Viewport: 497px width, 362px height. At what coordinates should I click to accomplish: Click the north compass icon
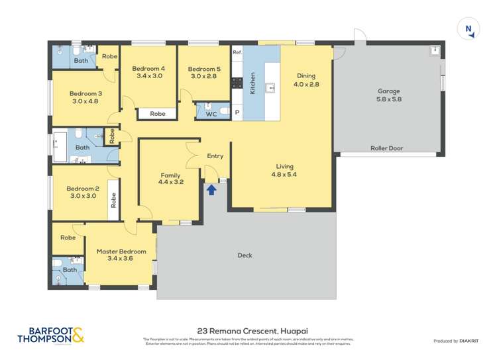469,28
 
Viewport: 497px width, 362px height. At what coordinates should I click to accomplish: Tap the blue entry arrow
211,190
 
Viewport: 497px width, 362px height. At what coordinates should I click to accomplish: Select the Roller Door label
386,148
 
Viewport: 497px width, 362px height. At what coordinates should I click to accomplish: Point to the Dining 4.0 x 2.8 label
305,80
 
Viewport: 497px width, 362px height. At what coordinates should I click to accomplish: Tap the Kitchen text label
252,83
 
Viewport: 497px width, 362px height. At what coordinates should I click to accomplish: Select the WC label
211,114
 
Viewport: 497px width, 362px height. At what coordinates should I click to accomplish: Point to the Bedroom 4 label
148,72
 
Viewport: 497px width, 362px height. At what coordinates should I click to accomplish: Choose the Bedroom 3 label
85,97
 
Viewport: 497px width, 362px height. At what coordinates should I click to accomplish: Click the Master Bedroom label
121,255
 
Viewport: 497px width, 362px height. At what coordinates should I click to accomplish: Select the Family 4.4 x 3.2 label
170,179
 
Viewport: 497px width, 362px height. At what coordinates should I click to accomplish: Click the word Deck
245,255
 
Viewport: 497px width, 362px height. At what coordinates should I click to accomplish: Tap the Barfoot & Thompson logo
52,336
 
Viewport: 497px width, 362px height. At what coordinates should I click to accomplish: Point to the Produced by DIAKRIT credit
455,341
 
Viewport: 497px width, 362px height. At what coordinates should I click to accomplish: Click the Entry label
215,156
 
